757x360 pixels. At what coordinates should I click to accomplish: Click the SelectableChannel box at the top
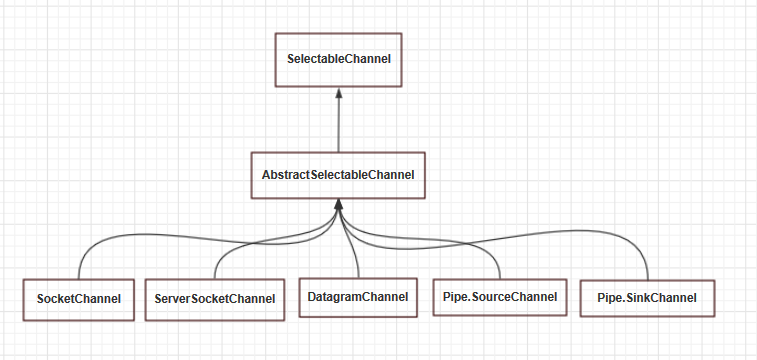tap(339, 60)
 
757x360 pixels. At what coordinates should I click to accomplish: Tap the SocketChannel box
tap(79, 299)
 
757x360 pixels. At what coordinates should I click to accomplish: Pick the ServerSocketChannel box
tap(215, 299)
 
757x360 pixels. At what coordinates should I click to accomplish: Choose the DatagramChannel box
tap(357, 296)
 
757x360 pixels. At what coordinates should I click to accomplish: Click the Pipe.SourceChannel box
tap(498, 297)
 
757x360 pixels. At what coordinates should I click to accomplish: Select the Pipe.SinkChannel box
tap(647, 297)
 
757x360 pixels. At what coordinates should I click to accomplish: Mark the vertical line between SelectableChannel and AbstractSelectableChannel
tap(339, 125)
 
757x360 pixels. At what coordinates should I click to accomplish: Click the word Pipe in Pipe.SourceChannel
tap(453, 297)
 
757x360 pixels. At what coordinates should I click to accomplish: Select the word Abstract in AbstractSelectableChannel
tap(283, 175)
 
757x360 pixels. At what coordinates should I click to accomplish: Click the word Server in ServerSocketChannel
tap(175, 299)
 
